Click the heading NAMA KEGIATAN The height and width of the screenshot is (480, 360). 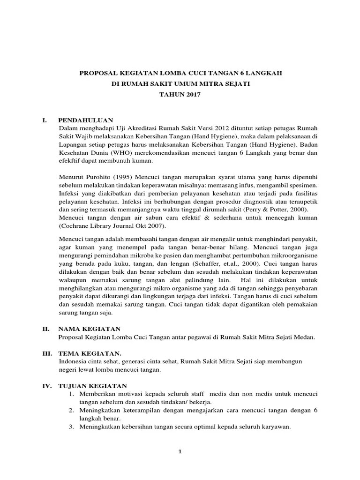click(89, 329)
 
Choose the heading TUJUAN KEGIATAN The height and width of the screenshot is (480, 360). click(93, 385)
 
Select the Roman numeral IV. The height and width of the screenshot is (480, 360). click(46, 385)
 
